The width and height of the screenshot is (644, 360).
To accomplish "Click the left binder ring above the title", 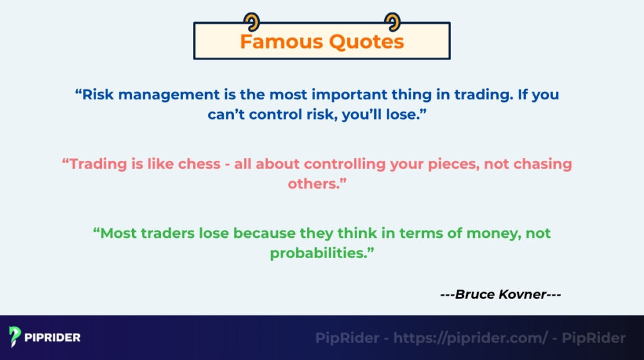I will coord(253,22).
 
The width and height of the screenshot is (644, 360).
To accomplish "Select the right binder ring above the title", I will coord(392,22).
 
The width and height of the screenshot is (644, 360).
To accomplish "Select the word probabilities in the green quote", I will coord(319,253).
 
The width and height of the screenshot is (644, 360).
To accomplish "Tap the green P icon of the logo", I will coord(16,337).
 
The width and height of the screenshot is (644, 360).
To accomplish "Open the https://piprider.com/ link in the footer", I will coord(471,338).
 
